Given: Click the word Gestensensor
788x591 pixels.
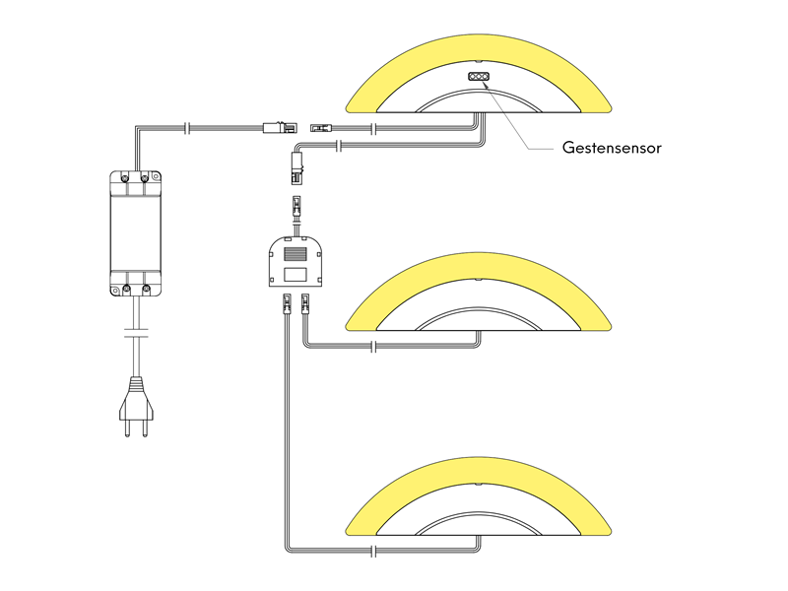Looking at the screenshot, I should pos(611,149).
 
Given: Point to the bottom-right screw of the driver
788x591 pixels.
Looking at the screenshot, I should pos(147,289).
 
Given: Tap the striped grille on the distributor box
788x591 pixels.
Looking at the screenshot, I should pos(295,252).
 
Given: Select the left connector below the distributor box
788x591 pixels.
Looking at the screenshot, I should pos(286,304).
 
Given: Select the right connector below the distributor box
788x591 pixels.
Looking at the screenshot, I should pos(305,304).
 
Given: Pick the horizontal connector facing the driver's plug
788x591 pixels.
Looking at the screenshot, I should pos(320,127).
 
